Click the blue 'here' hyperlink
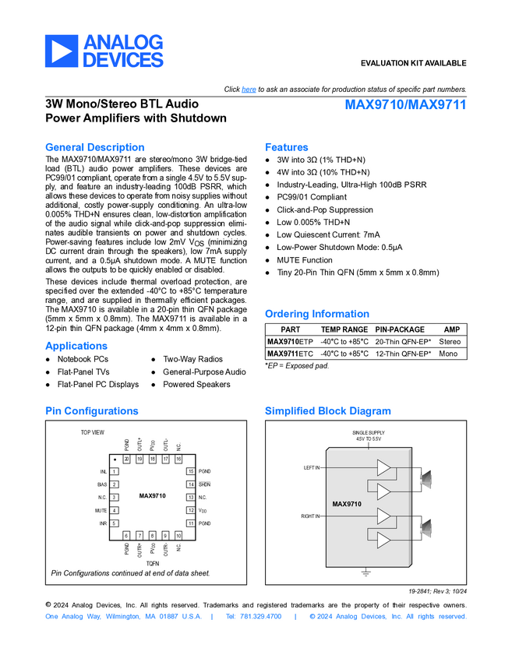tap(249, 90)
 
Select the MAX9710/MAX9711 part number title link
tap(405, 104)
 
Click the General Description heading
tap(94, 147)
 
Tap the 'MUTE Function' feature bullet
tap(304, 260)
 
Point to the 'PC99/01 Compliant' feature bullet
tap(312, 197)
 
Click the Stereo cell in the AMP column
tap(450, 341)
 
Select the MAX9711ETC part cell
tap(290, 354)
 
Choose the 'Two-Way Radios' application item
tap(192, 359)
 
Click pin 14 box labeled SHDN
tap(190, 484)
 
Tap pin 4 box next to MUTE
tap(115, 510)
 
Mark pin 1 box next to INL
tap(115, 471)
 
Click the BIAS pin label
tap(102, 484)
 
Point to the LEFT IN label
tap(311, 467)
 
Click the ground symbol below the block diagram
tap(365, 573)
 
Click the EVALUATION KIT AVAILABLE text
tap(413, 63)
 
